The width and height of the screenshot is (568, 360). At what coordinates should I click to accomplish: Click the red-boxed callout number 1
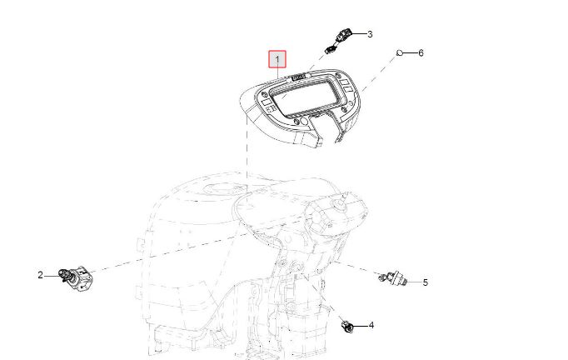point(277,59)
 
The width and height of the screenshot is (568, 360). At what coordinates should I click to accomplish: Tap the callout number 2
point(40,275)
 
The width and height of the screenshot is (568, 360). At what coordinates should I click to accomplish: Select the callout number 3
point(370,34)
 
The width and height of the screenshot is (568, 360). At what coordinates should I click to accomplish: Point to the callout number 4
point(371,325)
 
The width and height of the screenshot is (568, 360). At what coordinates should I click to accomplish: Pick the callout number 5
point(426,282)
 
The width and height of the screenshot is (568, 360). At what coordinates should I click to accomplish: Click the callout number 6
point(421,53)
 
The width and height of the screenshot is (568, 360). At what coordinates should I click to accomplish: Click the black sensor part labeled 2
point(76,278)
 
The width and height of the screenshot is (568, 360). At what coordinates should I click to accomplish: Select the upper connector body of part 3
point(343,35)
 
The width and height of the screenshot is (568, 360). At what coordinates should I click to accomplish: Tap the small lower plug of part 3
point(330,50)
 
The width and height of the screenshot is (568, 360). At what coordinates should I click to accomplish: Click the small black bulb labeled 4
point(347,327)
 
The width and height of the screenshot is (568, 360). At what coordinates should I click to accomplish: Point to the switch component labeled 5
point(393,277)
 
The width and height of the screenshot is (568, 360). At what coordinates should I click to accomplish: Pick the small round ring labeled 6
point(400,53)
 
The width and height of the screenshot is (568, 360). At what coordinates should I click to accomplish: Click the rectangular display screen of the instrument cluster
point(305,97)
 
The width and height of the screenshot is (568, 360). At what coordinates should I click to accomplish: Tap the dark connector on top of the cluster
point(298,77)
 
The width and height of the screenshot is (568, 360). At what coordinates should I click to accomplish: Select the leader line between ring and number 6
point(410,53)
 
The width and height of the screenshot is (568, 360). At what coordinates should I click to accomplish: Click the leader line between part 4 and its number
point(361,326)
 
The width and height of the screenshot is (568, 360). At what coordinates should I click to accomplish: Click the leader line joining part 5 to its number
point(415,282)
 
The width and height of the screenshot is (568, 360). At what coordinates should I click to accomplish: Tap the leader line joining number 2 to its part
point(52,276)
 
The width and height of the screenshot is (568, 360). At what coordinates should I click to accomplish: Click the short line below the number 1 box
point(277,73)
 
